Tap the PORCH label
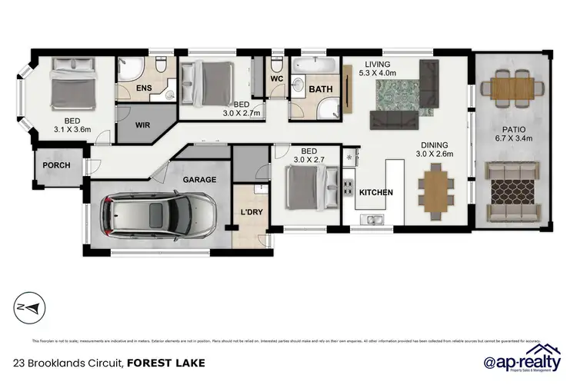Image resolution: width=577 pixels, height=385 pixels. (56, 165)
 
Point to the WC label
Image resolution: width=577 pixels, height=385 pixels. (277, 78)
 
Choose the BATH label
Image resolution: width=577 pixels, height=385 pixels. (321, 89)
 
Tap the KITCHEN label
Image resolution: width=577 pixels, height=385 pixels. (377, 192)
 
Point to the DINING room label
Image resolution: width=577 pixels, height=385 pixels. (435, 145)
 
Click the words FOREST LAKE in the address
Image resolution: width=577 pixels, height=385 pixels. (166, 362)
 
